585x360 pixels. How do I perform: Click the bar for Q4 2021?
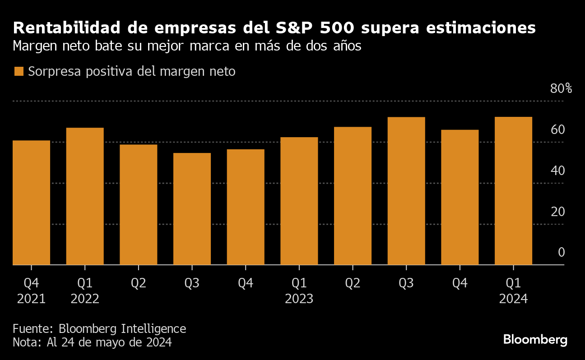tap(31, 203)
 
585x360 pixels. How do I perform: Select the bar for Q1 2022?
tap(85, 196)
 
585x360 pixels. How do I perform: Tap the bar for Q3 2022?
tap(192, 209)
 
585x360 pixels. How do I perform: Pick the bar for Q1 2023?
tap(299, 201)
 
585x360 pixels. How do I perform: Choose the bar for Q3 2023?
tap(406, 191)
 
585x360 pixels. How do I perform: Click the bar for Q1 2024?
tap(513, 191)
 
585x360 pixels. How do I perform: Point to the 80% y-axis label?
tap(561, 88)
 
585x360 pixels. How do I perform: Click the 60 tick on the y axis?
tap(558, 129)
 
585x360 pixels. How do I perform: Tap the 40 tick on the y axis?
tap(558, 171)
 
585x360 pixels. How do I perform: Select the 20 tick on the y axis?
tap(558, 212)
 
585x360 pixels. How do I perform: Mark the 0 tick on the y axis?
tap(561, 252)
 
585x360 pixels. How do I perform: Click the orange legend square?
tap(19, 71)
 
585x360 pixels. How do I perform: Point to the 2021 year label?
tap(31, 299)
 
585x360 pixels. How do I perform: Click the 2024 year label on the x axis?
tap(513, 299)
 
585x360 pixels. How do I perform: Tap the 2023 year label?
tap(299, 299)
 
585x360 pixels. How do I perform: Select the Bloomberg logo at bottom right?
tap(535, 340)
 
